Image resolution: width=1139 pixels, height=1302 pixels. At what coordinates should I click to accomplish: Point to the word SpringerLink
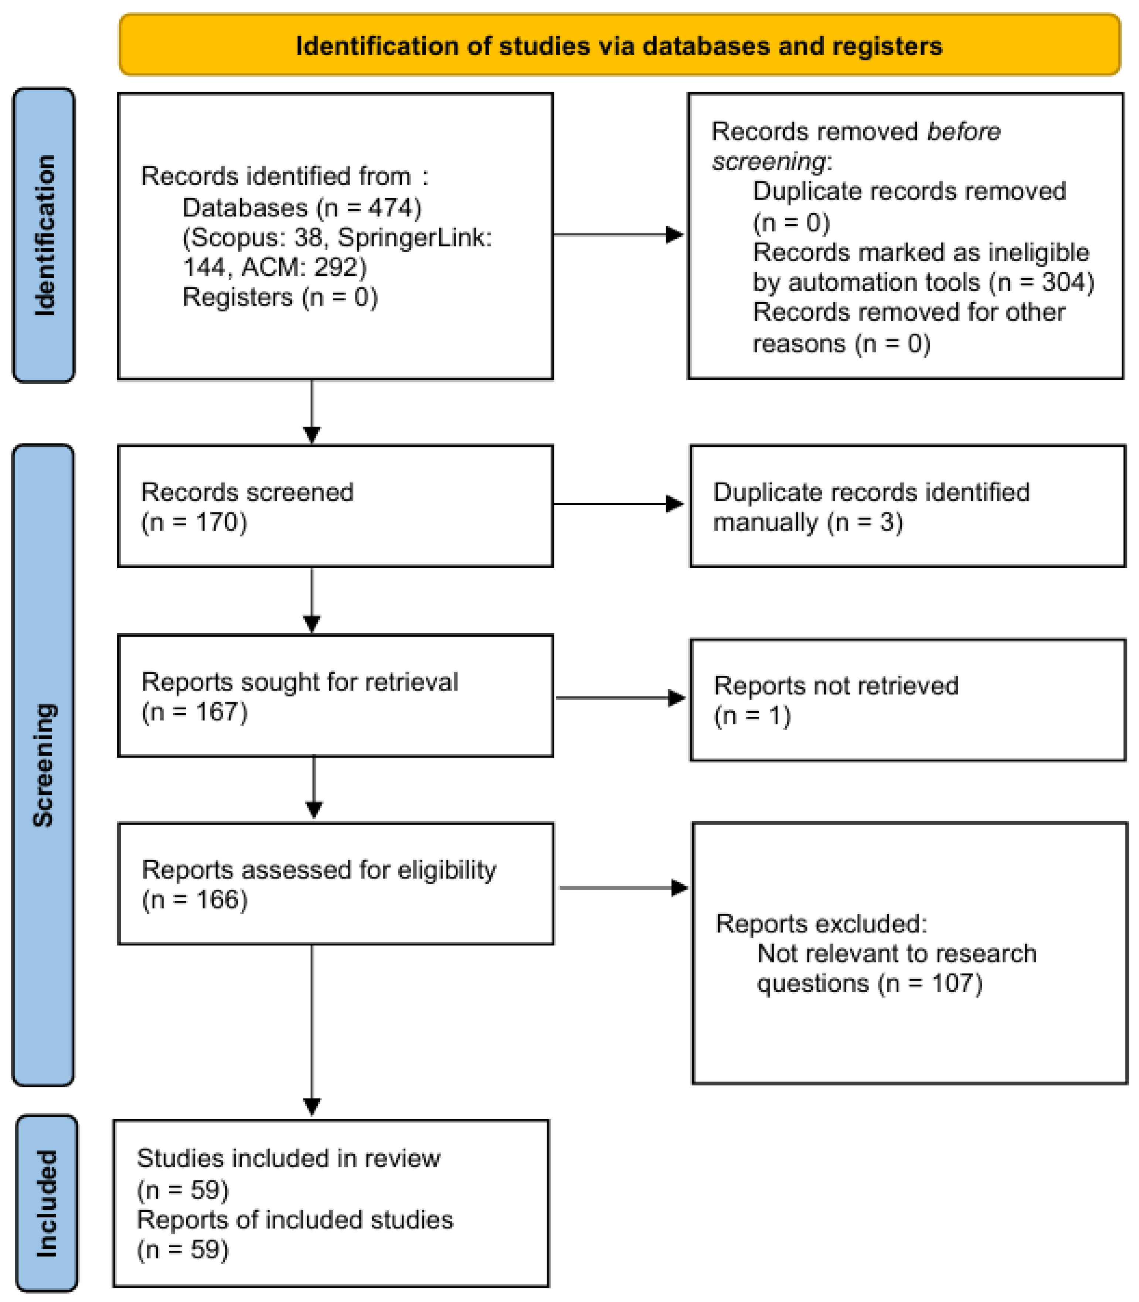(414, 238)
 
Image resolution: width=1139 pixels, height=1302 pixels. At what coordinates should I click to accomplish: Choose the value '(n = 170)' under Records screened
(194, 522)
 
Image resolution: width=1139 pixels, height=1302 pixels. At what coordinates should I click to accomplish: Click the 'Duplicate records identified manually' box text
(871, 507)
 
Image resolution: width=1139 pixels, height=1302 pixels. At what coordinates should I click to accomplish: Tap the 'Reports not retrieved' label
(836, 686)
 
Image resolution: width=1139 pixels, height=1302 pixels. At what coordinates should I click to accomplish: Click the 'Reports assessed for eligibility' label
(319, 870)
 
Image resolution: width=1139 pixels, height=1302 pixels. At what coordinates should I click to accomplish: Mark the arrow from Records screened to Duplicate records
(618, 504)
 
